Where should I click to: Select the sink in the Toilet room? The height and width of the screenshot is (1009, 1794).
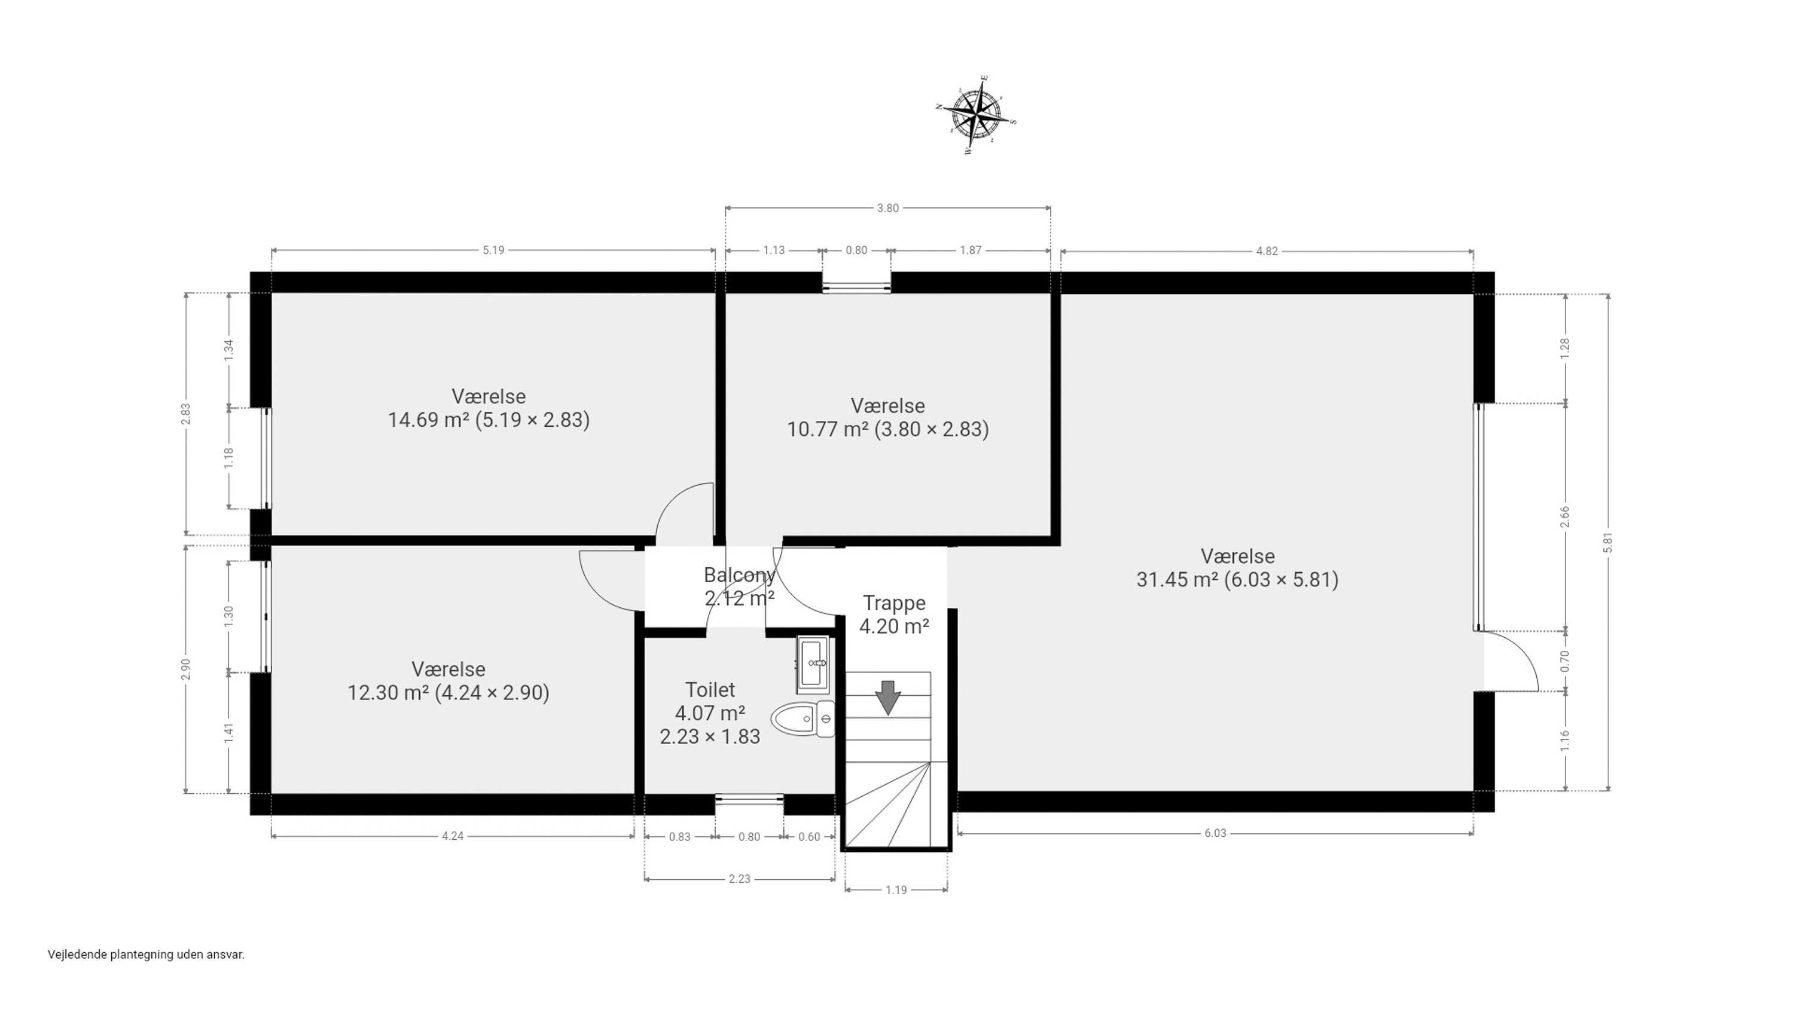pyautogui.click(x=813, y=664)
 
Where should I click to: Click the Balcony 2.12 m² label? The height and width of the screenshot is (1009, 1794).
pyautogui.click(x=739, y=586)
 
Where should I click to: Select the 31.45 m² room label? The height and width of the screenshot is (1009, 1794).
pyautogui.click(x=1237, y=567)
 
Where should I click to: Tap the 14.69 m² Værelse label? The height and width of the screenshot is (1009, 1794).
pyautogui.click(x=488, y=408)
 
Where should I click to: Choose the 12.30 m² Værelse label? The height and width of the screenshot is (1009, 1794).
pyautogui.click(x=448, y=681)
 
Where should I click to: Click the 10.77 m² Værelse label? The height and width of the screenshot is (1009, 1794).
pyautogui.click(x=888, y=417)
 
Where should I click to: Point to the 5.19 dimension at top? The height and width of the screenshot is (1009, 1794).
pyautogui.click(x=493, y=250)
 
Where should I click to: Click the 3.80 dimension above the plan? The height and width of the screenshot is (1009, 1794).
pyautogui.click(x=887, y=207)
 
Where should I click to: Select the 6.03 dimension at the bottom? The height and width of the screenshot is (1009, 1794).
pyautogui.click(x=1215, y=833)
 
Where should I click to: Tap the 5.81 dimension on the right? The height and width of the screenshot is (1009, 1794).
pyautogui.click(x=1607, y=542)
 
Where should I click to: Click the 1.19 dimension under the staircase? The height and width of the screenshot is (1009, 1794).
pyautogui.click(x=896, y=890)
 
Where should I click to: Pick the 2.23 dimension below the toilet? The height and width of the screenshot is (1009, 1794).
pyautogui.click(x=739, y=879)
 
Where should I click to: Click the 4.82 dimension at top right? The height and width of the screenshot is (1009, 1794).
pyautogui.click(x=1267, y=252)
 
